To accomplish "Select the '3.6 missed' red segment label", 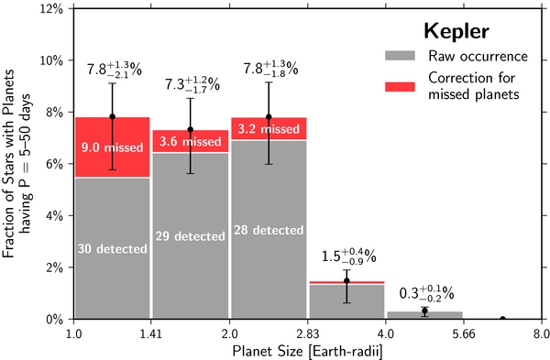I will pyautogui.click(x=190, y=142).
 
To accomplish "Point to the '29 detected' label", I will pyautogui.click(x=190, y=236).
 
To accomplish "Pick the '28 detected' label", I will pyautogui.click(x=269, y=230).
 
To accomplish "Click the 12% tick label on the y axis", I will pyautogui.click(x=50, y=8).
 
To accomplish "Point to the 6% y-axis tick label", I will pyautogui.click(x=54, y=164).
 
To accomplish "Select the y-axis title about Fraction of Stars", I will pyautogui.click(x=19, y=163).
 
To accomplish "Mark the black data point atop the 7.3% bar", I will pyautogui.click(x=191, y=129).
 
